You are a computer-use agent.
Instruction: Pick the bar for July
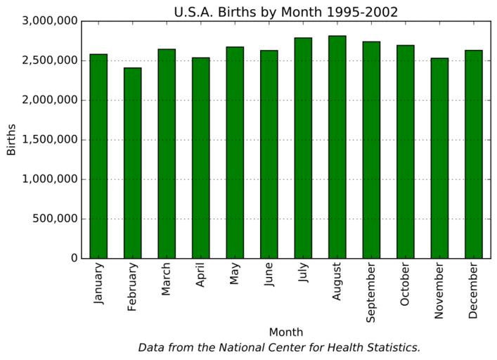click(303, 148)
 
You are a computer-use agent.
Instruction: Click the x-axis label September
click(371, 292)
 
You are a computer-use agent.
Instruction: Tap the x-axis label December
click(473, 290)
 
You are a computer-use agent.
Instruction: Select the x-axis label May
click(234, 276)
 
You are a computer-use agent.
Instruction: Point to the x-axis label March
click(167, 280)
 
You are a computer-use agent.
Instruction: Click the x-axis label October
click(405, 285)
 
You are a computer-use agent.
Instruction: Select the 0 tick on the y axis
click(73, 258)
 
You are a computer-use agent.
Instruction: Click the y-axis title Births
click(11, 140)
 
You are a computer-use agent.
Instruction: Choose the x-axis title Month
click(286, 332)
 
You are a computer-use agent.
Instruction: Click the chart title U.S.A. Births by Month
click(286, 12)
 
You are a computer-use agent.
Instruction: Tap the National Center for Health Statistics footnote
click(279, 347)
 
